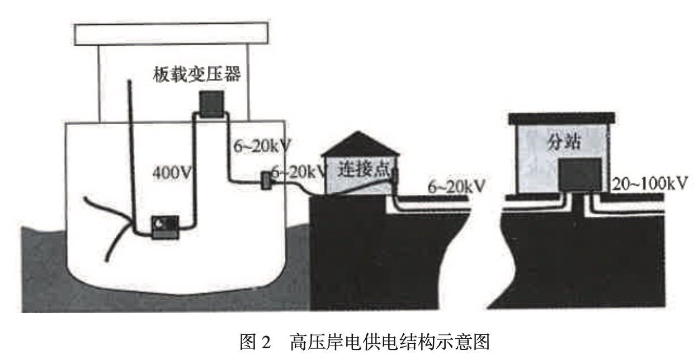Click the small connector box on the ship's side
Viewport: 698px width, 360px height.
coord(266,180)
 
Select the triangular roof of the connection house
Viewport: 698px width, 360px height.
coord(360,144)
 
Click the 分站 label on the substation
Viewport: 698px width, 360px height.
coord(562,143)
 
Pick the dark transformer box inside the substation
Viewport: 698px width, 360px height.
coord(580,175)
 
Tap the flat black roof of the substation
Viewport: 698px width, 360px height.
coord(562,118)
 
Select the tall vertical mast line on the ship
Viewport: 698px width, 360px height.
coord(131,151)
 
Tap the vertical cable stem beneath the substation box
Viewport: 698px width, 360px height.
coord(579,205)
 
